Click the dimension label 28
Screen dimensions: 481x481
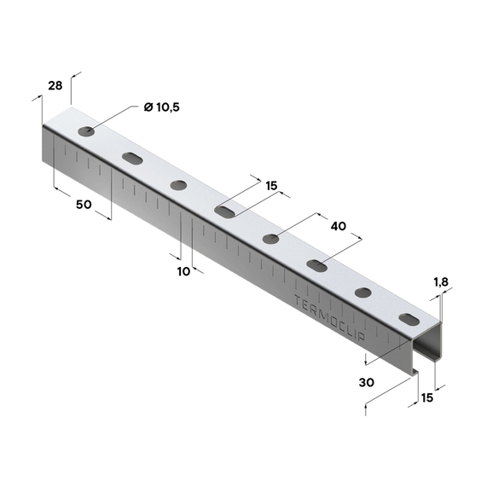coord(55,85)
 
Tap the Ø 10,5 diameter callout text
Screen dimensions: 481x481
coord(162,107)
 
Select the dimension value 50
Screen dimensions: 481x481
coord(84,205)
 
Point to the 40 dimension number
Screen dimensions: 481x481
coord(339,226)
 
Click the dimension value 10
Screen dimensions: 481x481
coord(183,271)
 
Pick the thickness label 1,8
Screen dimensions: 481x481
coord(441,281)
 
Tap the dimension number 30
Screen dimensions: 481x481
coord(367,383)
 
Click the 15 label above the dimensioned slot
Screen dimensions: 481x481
coord(271,186)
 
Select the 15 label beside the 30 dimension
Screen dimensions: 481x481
coord(427,398)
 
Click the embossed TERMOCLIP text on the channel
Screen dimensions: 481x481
coord(329,318)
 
